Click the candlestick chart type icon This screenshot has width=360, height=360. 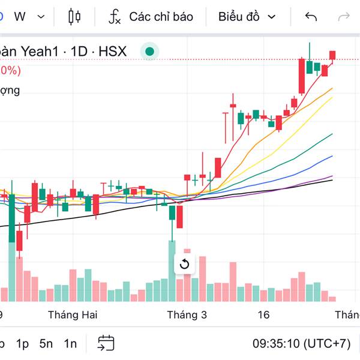coord(74,16)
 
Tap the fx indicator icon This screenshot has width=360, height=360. coord(114,16)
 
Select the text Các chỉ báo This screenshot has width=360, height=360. coord(161,16)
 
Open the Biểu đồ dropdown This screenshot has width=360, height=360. coord(247,16)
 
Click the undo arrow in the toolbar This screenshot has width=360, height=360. coord(311,16)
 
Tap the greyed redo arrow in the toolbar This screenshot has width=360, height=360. coord(344,16)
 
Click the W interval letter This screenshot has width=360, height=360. coord(20,16)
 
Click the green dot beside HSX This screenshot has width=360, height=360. coord(149,52)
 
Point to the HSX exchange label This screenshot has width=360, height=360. coord(112,52)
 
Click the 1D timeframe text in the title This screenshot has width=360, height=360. coord(79,52)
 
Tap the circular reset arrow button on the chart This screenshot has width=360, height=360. coord(184,264)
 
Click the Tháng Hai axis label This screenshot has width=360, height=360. coord(73,314)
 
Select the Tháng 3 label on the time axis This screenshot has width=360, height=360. coord(187,314)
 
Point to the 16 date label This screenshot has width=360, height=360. coord(263,314)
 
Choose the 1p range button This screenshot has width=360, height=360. coord(22,344)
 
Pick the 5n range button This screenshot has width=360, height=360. coord(46,344)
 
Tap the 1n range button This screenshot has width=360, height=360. coord(70,344)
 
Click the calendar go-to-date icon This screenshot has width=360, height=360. coord(106,343)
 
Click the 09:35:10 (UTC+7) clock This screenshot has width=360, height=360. coord(301,344)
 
